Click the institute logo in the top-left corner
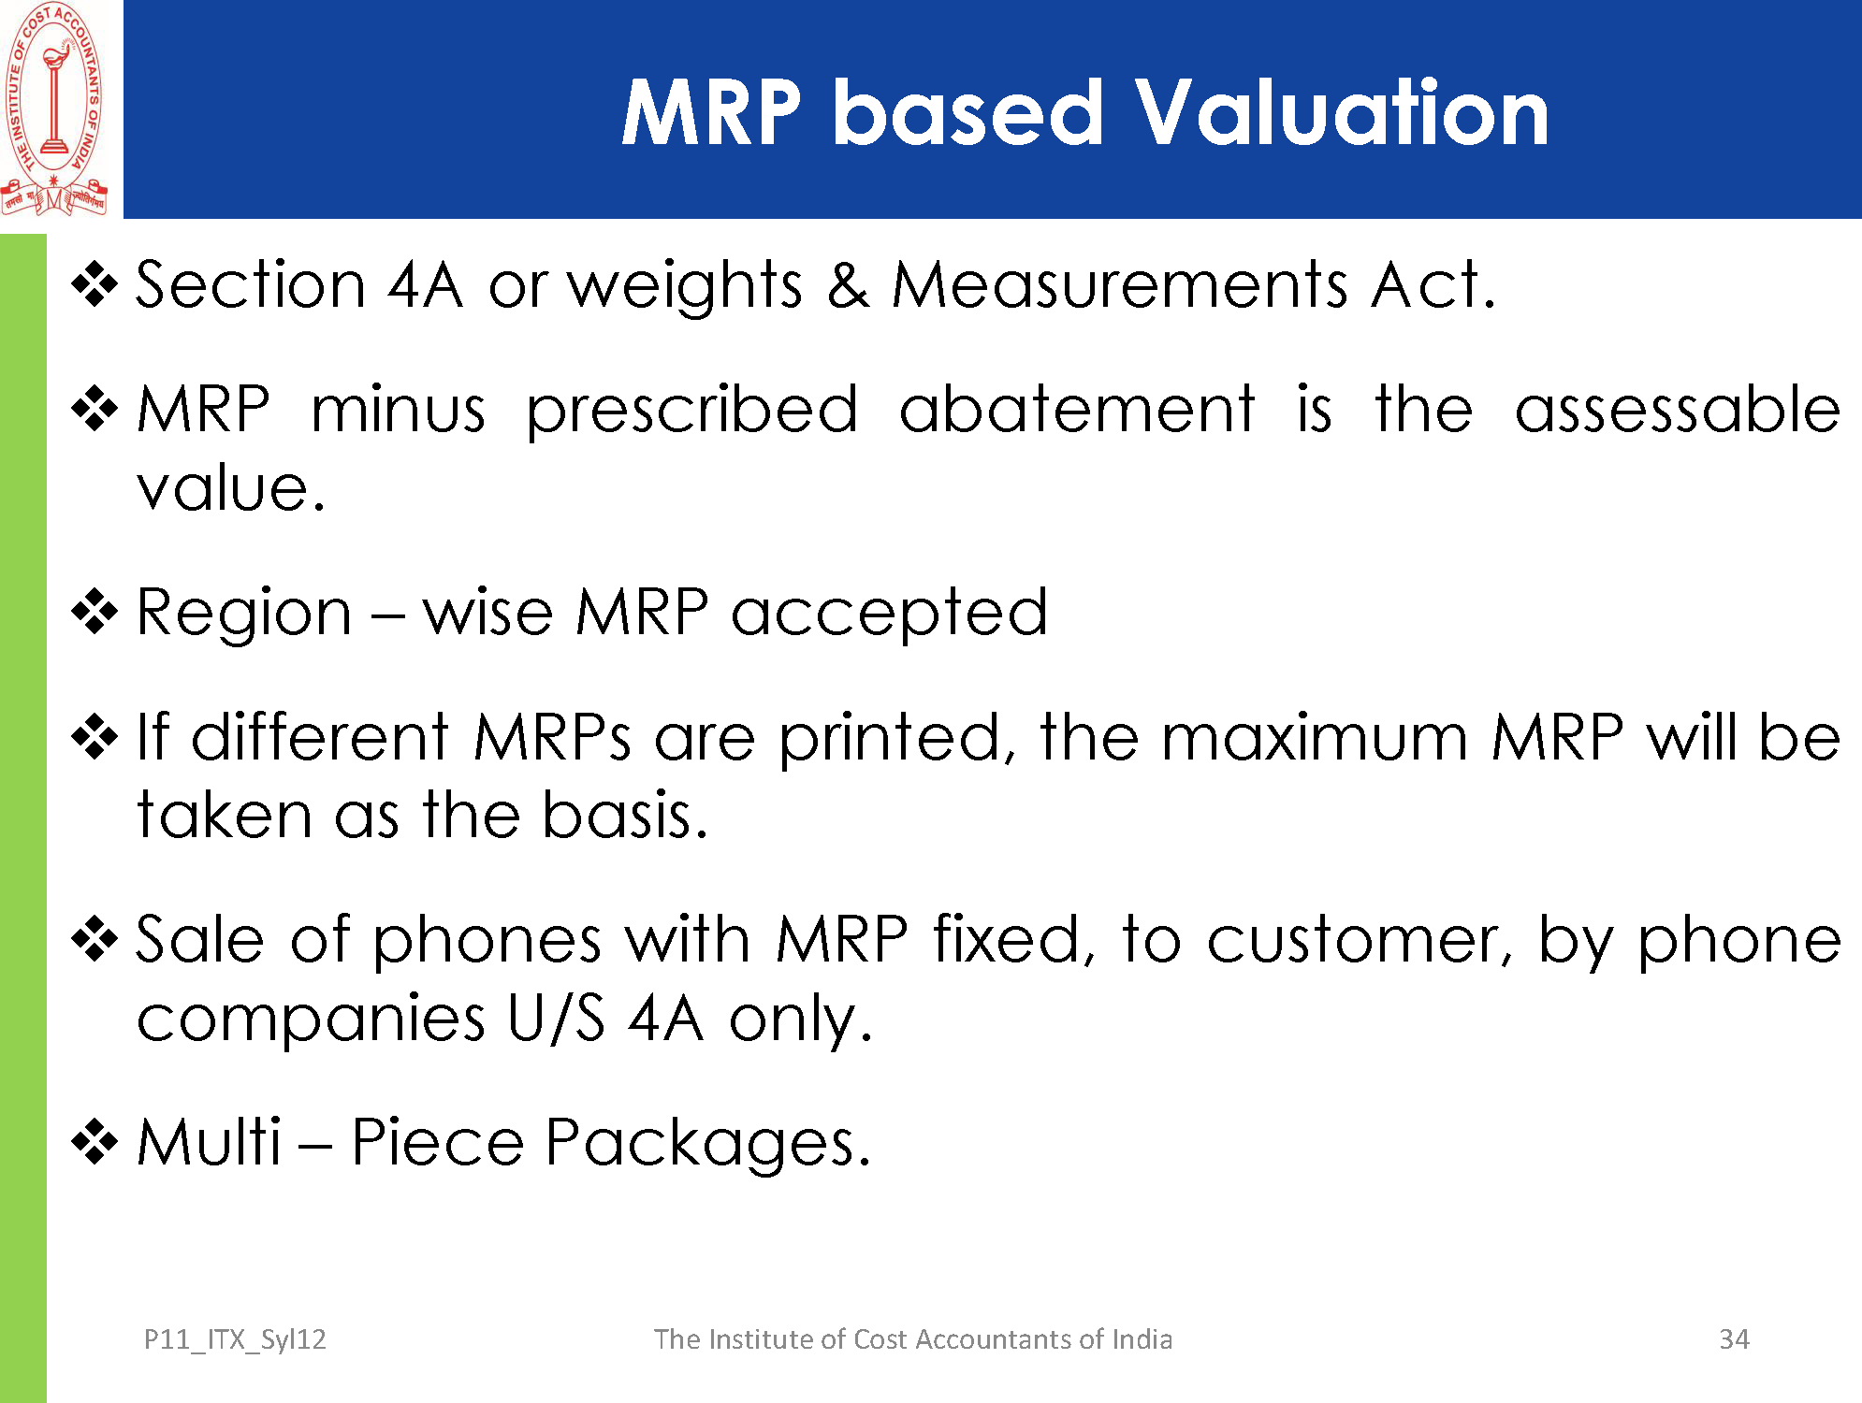pos(54,108)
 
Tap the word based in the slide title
pos(968,112)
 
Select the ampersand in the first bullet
pos(848,284)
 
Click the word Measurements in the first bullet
pos(1120,284)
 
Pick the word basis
pos(624,815)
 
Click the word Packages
pos(707,1145)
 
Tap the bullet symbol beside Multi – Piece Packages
pos(95,1142)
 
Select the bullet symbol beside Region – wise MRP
pos(95,613)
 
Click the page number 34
pos(1734,1339)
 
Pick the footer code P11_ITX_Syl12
pos(235,1340)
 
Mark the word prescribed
pos(692,412)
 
